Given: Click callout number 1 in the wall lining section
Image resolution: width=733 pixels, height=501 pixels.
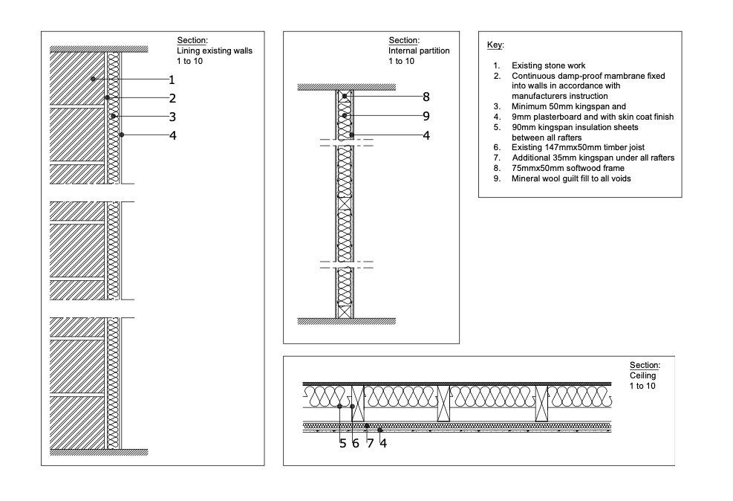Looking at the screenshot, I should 172,80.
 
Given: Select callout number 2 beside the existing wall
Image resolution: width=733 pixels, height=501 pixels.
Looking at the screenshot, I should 172,98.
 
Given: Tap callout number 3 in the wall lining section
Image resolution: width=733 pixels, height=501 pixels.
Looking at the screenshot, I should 172,117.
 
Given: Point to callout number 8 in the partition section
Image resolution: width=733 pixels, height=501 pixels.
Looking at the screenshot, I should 426,97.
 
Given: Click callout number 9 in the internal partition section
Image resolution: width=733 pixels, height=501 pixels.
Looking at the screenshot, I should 426,116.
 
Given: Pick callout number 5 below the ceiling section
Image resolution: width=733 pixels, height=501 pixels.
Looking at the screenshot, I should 342,444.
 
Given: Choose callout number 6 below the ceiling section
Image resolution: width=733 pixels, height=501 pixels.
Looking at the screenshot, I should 356,444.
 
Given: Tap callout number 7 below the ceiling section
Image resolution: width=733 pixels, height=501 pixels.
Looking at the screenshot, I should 369,444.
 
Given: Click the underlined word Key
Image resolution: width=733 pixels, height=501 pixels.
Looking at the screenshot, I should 495,45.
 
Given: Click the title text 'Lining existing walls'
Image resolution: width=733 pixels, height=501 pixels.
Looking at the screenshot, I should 215,51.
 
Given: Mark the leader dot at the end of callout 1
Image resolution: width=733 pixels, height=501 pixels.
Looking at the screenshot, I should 92,79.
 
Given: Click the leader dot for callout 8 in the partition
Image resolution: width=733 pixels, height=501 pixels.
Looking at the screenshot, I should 345,97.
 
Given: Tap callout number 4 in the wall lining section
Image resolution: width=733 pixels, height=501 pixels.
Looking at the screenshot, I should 172,135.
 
